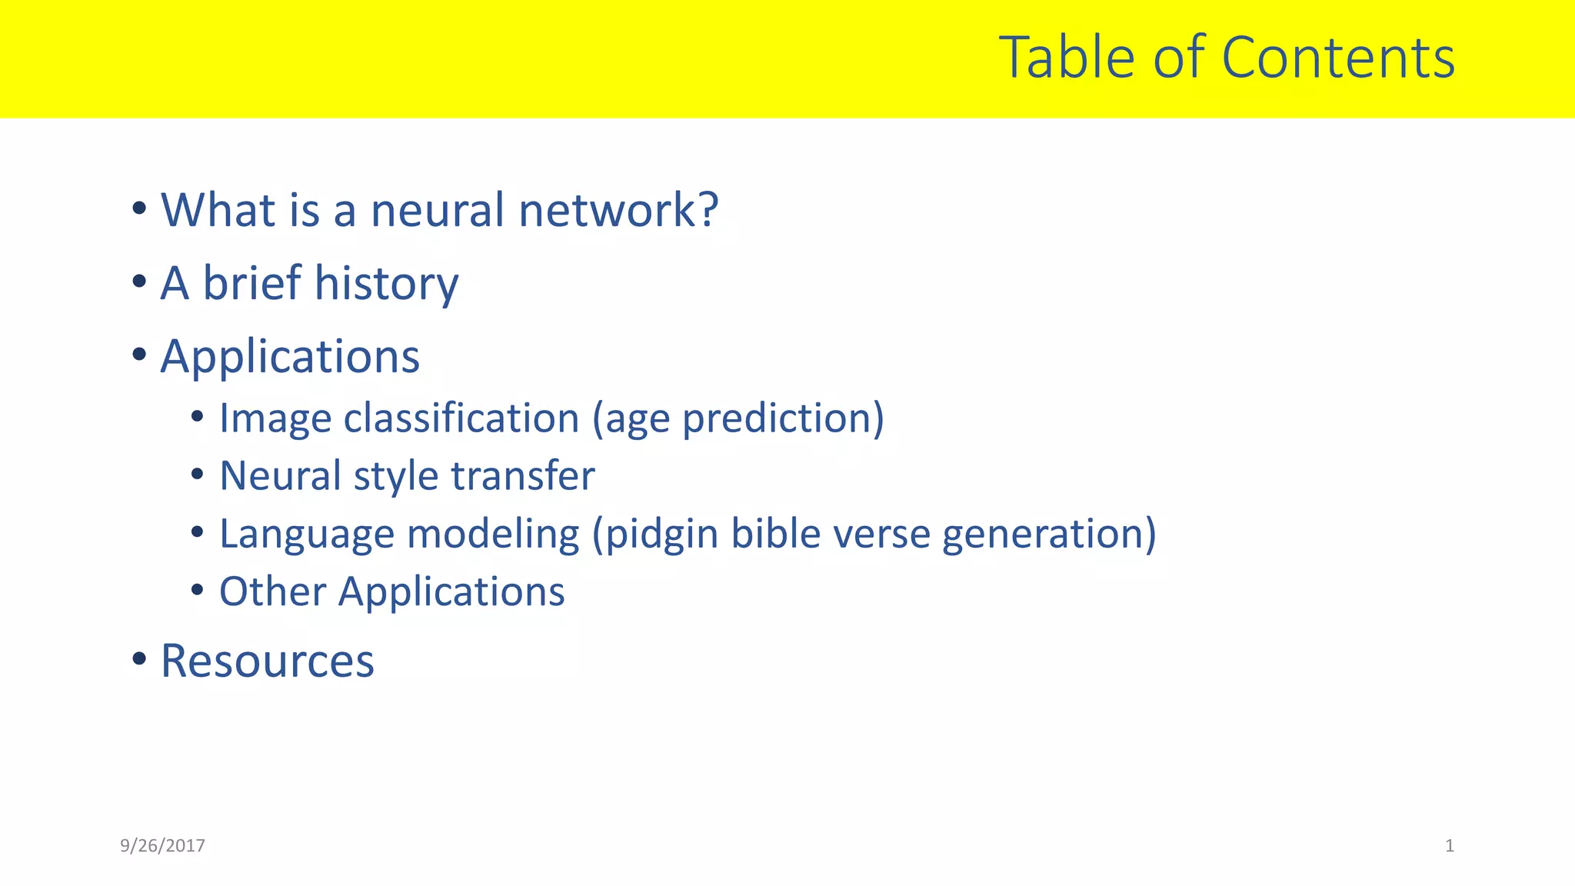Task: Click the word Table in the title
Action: (1066, 58)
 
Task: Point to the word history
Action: (386, 283)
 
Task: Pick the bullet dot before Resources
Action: (139, 658)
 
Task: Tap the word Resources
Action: (267, 661)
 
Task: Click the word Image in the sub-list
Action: (275, 418)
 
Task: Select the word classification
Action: (461, 418)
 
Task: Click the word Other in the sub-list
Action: (273, 591)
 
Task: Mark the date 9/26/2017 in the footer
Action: (162, 846)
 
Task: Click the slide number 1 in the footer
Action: (1450, 846)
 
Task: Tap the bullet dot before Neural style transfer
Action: (198, 475)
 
